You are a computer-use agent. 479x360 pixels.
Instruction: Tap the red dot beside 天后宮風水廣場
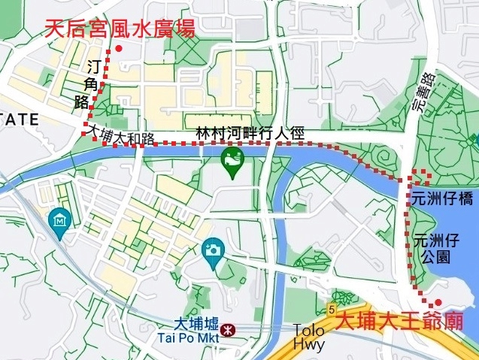tap(119, 50)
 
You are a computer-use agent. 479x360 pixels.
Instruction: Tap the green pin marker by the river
tap(232, 161)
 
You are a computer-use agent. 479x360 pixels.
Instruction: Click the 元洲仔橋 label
tap(442, 199)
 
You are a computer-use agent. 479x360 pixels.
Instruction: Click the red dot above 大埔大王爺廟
tap(438, 302)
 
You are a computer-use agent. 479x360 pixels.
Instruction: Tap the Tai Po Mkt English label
tap(188, 338)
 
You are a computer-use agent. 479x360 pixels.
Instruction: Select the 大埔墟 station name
tap(196, 325)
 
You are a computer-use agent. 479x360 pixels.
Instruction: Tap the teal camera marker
tap(214, 251)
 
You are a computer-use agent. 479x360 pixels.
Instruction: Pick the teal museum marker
tap(58, 220)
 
